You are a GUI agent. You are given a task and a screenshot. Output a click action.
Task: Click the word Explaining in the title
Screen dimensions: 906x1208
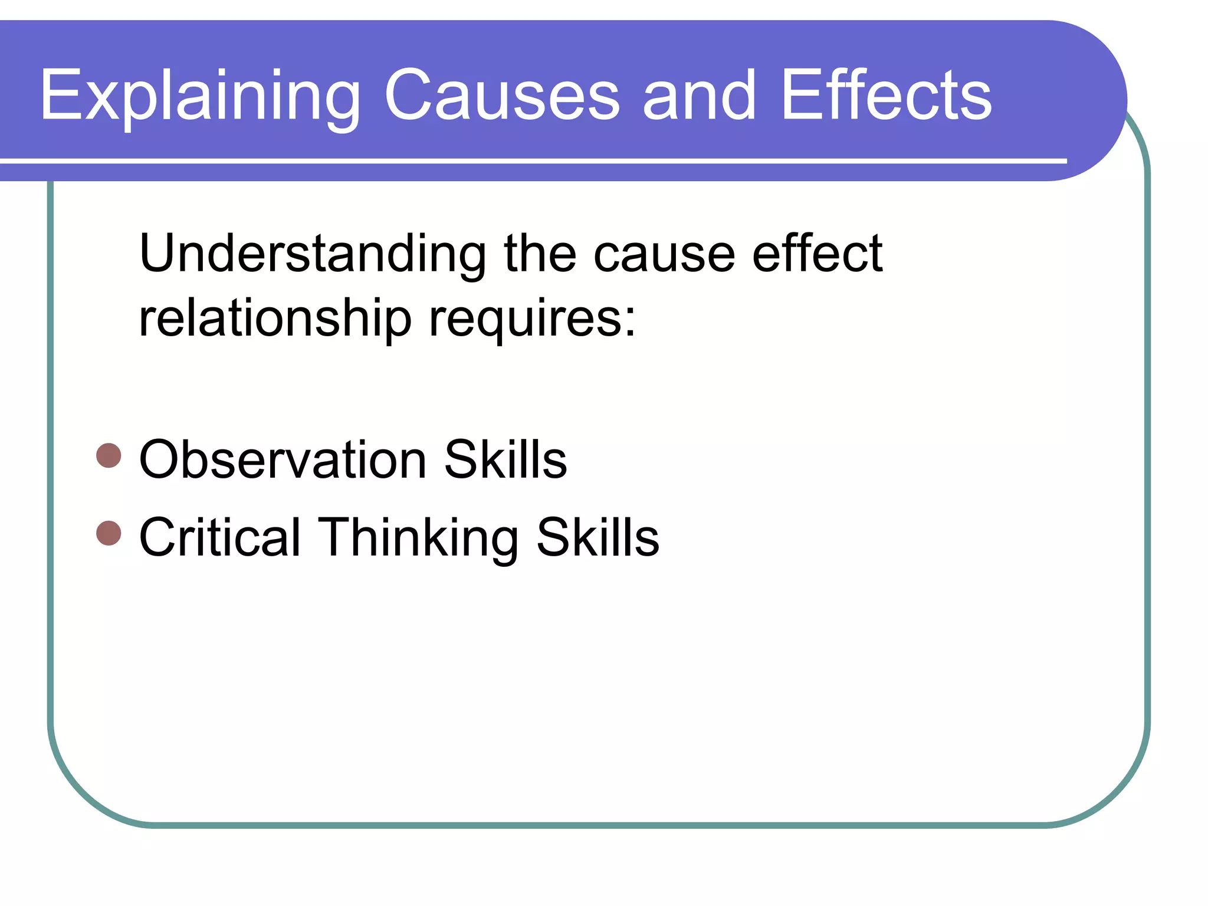[x=199, y=96]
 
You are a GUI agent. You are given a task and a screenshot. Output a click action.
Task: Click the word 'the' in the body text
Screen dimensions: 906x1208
[x=540, y=254]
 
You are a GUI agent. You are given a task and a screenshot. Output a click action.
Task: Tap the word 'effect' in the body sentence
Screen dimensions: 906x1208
[x=817, y=254]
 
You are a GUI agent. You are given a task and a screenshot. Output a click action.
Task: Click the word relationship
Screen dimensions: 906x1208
[x=275, y=319]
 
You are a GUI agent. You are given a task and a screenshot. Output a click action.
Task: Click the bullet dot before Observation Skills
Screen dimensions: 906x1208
[x=109, y=455]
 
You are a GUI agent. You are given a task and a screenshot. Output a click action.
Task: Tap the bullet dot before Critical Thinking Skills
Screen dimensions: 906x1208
[x=109, y=533]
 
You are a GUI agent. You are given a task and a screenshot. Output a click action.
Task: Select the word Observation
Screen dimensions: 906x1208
[x=283, y=459]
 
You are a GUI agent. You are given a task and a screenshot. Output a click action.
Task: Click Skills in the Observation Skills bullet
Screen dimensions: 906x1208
[x=505, y=459]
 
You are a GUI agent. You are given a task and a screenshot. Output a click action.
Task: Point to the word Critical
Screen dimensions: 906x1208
[x=220, y=537]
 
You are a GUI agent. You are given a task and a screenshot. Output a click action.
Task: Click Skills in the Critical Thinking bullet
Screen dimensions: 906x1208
[x=598, y=537]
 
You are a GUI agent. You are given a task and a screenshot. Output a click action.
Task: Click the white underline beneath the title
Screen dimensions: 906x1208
[x=531, y=160]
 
